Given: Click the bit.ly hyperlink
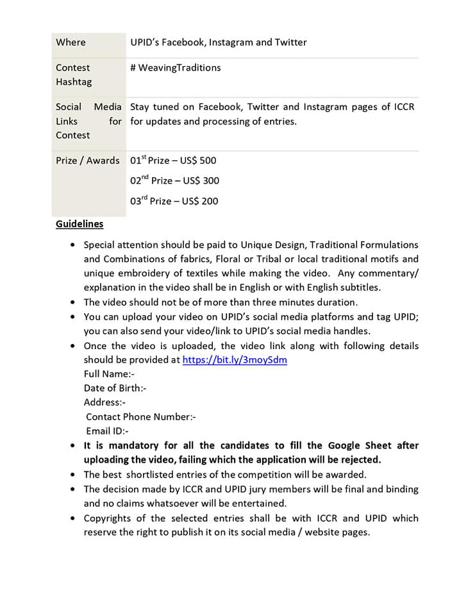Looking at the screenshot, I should (x=235, y=360).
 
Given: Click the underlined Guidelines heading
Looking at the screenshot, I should (x=79, y=224).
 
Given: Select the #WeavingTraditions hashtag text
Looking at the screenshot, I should (x=175, y=67).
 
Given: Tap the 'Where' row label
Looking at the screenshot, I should (x=71, y=42).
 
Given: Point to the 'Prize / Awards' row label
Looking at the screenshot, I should (x=87, y=160).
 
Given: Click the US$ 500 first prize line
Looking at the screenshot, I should (x=173, y=160).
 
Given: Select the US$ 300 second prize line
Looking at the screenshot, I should (x=174, y=180).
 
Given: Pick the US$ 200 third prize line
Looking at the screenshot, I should (x=174, y=201).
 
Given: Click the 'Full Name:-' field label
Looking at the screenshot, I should (x=109, y=374).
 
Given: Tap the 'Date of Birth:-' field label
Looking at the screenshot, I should (x=115, y=388).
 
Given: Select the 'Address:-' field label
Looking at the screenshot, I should (x=104, y=402).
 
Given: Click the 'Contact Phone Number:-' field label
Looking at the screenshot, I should (x=140, y=417).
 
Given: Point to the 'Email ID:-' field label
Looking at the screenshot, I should (x=107, y=431).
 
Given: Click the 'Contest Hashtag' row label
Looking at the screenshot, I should (x=73, y=74).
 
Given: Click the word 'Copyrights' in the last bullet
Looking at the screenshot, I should (x=107, y=518).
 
